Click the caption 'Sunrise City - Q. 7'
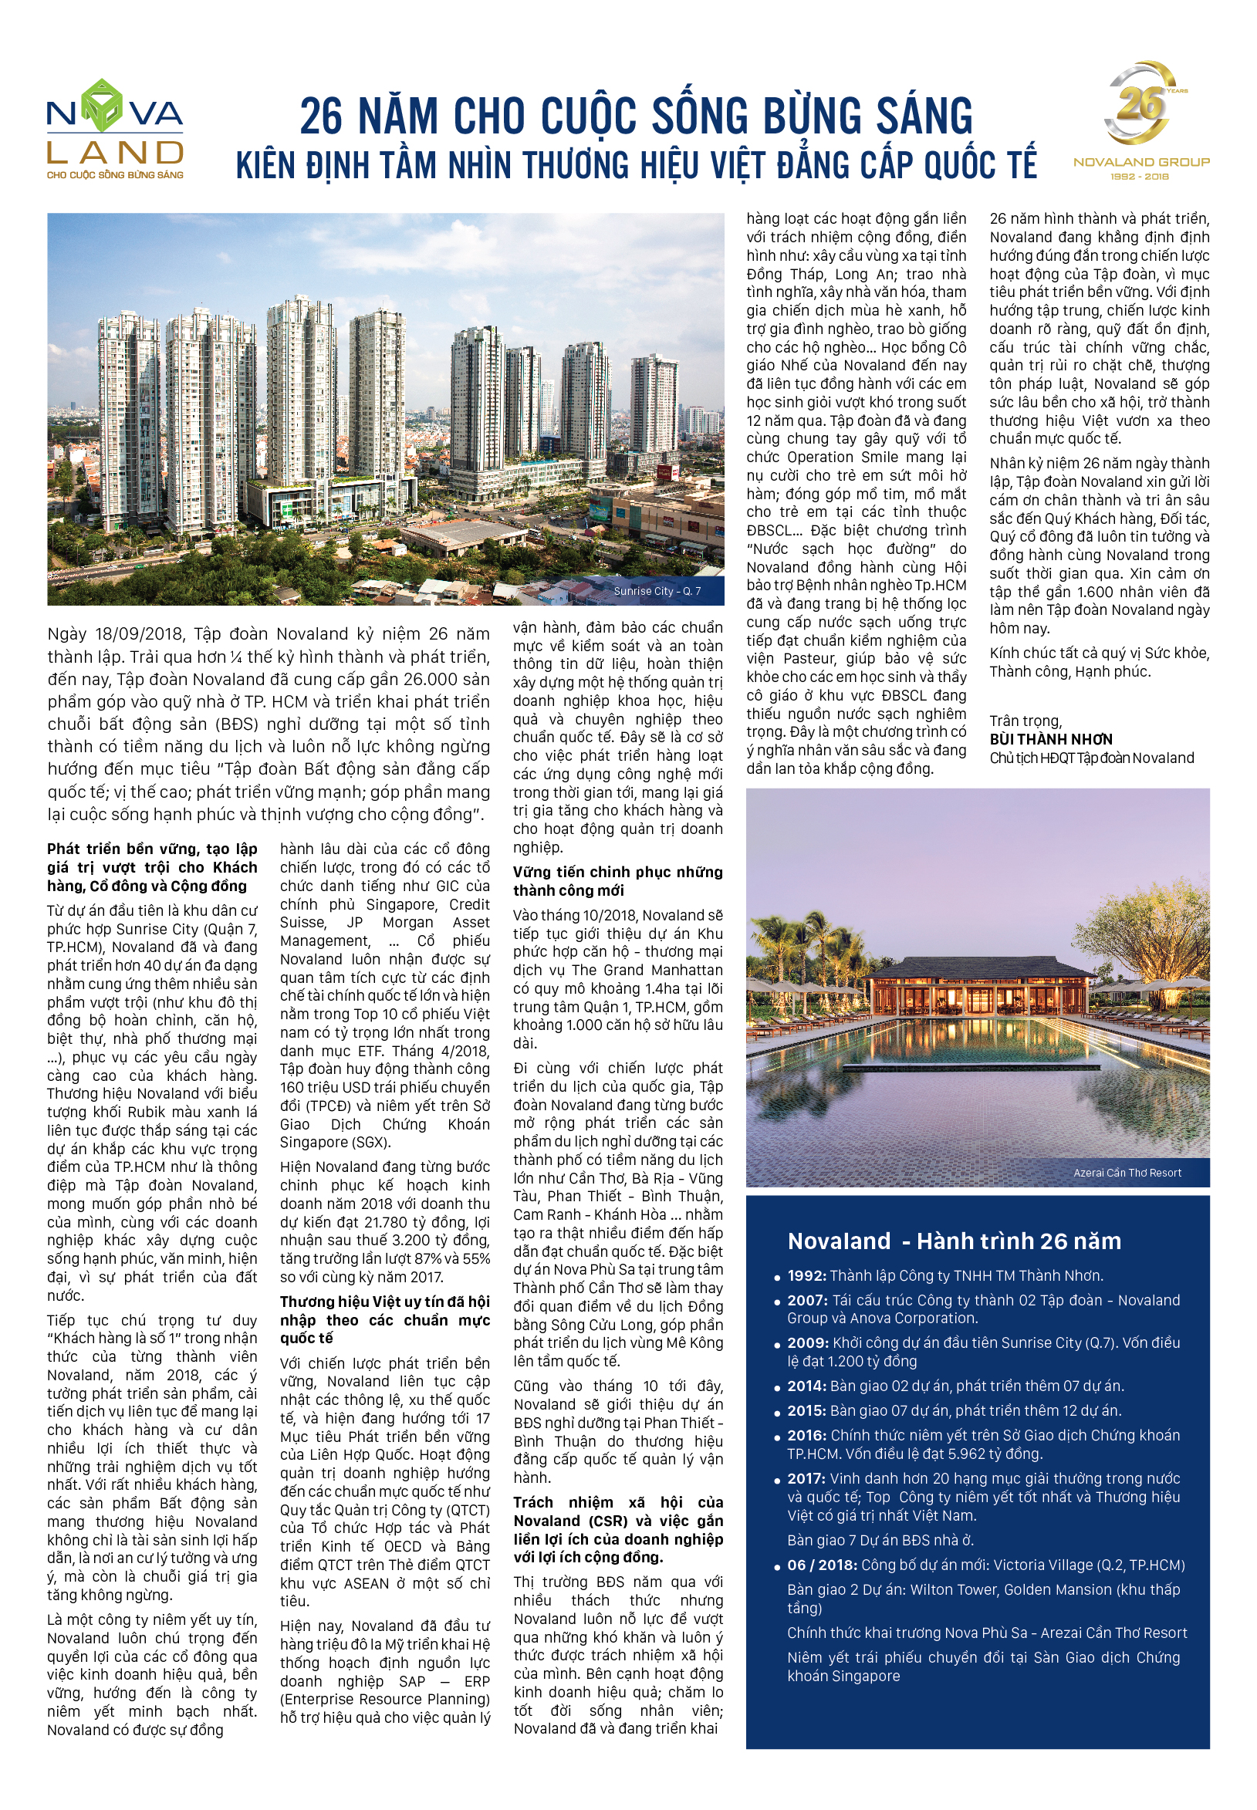click(x=657, y=591)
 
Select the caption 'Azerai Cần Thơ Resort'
click(x=1127, y=1173)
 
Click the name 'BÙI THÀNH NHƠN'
click(x=1051, y=739)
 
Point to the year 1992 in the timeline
click(x=806, y=1276)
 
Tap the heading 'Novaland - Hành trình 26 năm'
click(x=954, y=1241)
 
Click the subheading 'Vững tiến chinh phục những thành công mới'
click(x=617, y=881)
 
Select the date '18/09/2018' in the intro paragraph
click(x=139, y=633)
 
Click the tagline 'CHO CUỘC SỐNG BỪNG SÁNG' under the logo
click(x=115, y=175)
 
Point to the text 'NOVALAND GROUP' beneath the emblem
click(x=1141, y=162)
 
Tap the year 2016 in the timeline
click(x=806, y=1435)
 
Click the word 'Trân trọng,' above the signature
click(x=1026, y=721)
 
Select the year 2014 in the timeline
click(x=806, y=1386)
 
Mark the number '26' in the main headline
click(x=321, y=117)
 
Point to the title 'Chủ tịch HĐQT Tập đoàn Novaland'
click(x=1092, y=758)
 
